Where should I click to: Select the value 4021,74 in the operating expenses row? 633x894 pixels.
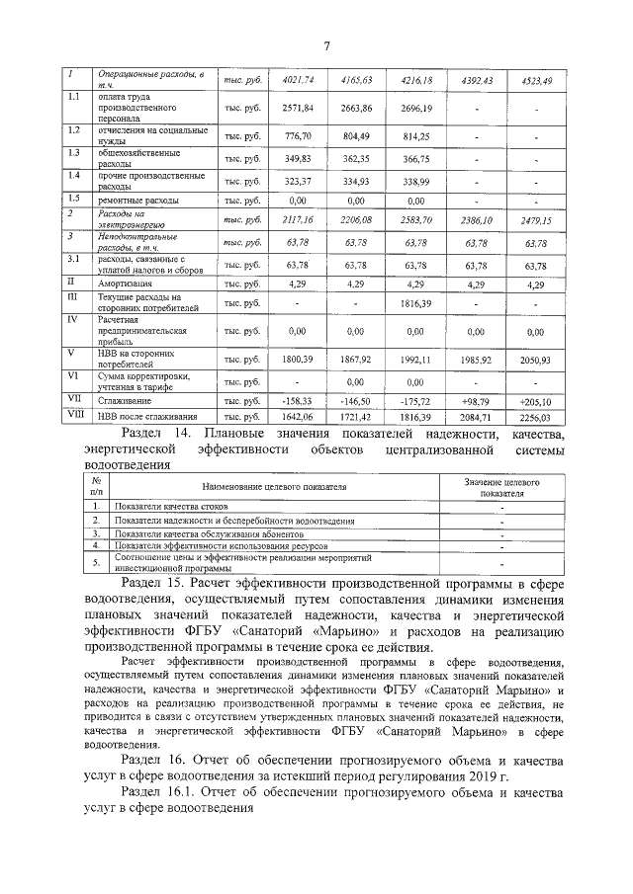pyautogui.click(x=298, y=79)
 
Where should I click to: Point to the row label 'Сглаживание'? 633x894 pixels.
pyautogui.click(x=124, y=401)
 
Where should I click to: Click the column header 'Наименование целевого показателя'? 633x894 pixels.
pyautogui.click(x=274, y=486)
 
